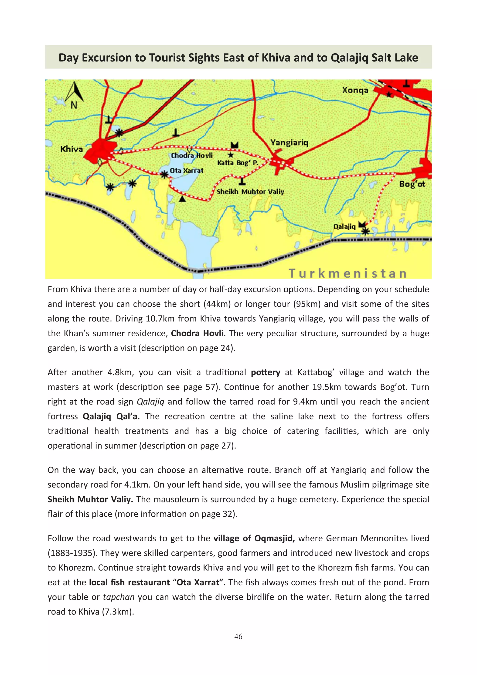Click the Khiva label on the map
72,149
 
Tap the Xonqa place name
355,90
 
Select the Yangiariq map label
289,143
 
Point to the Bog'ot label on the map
412,184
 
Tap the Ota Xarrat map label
187,170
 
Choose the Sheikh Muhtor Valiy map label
250,192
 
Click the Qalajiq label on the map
344,226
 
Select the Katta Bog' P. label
238,163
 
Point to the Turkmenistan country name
348,273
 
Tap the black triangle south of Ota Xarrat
183,199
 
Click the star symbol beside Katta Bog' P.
231,155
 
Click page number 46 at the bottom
238,637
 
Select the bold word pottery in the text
265,372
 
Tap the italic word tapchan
119,597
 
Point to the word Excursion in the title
107,58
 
